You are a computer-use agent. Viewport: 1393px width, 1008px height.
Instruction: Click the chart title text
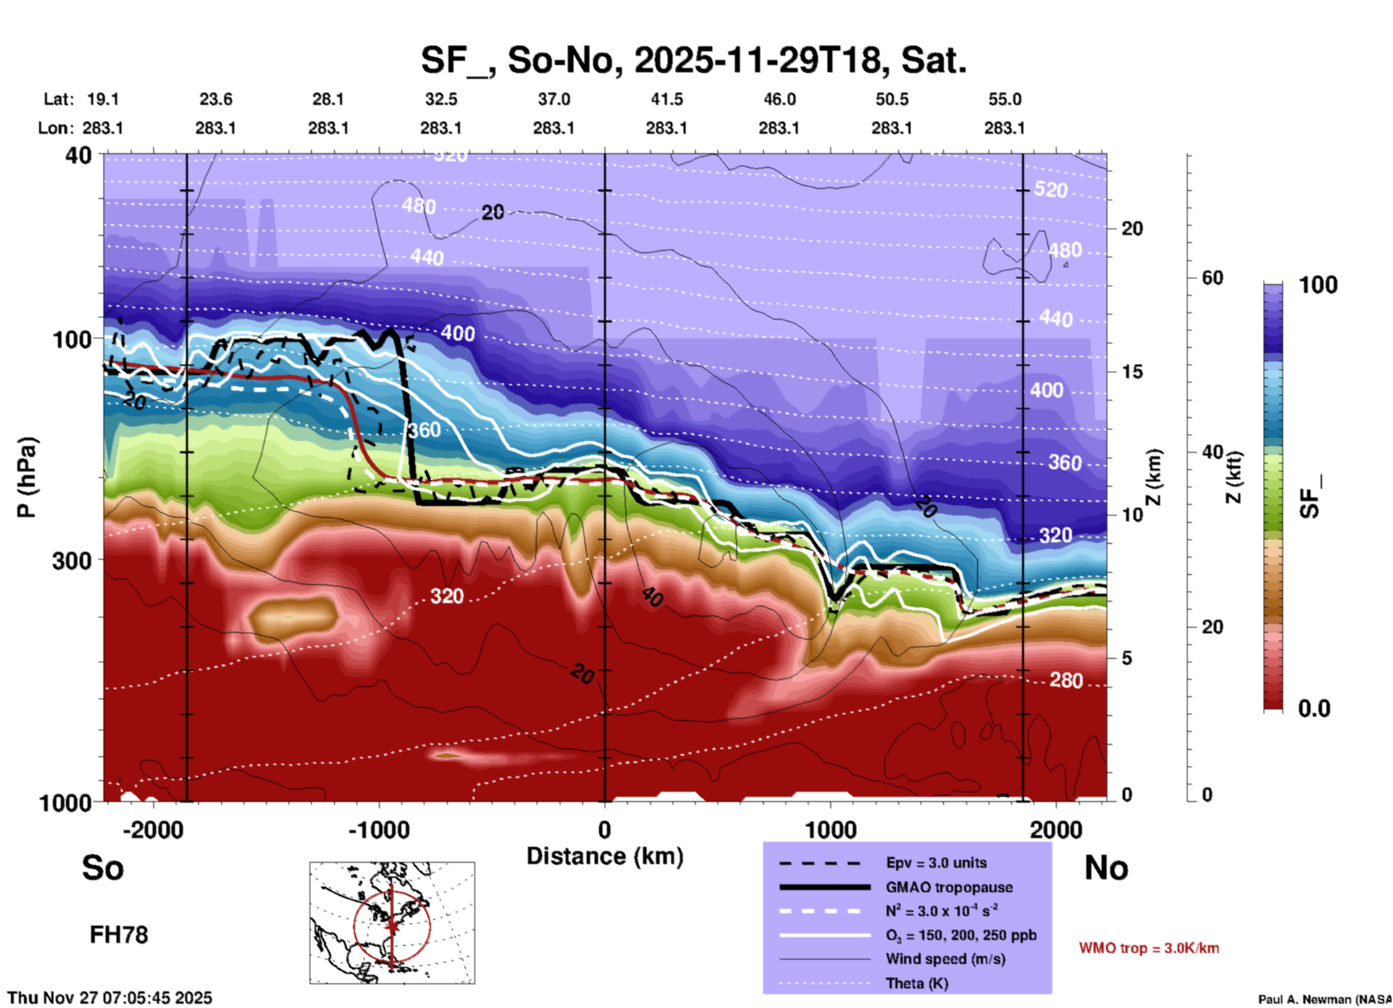click(x=693, y=60)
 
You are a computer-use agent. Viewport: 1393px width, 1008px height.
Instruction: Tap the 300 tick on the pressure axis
click(x=72, y=560)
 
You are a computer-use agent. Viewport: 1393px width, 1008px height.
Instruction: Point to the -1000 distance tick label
click(x=378, y=829)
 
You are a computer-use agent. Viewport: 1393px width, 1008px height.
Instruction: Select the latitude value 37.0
click(x=553, y=99)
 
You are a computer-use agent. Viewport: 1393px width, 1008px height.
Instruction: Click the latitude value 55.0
click(x=1004, y=99)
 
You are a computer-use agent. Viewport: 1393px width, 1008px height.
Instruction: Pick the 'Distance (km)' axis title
click(x=605, y=856)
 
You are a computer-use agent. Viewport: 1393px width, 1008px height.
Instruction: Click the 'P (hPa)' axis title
click(x=27, y=477)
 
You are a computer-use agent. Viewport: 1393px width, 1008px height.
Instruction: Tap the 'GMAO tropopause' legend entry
click(x=948, y=887)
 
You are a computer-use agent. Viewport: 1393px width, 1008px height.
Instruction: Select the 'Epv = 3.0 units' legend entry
click(x=936, y=863)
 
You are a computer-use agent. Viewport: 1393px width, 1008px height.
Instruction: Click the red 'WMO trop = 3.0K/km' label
click(x=1149, y=948)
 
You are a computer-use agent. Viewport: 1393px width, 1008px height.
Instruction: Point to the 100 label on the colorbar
click(x=1318, y=285)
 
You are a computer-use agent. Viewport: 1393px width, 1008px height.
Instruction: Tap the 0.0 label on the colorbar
click(x=1314, y=708)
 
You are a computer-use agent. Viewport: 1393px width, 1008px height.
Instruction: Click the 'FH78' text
click(x=119, y=935)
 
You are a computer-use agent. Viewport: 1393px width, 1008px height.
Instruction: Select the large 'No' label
click(x=1106, y=868)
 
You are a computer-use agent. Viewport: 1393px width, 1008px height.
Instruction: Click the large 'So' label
click(x=103, y=868)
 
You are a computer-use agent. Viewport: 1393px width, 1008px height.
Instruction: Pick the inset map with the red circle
click(x=392, y=923)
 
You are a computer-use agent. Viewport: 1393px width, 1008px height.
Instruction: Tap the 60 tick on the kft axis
click(x=1212, y=278)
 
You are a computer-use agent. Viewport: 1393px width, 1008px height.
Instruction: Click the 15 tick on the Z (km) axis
click(x=1131, y=372)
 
